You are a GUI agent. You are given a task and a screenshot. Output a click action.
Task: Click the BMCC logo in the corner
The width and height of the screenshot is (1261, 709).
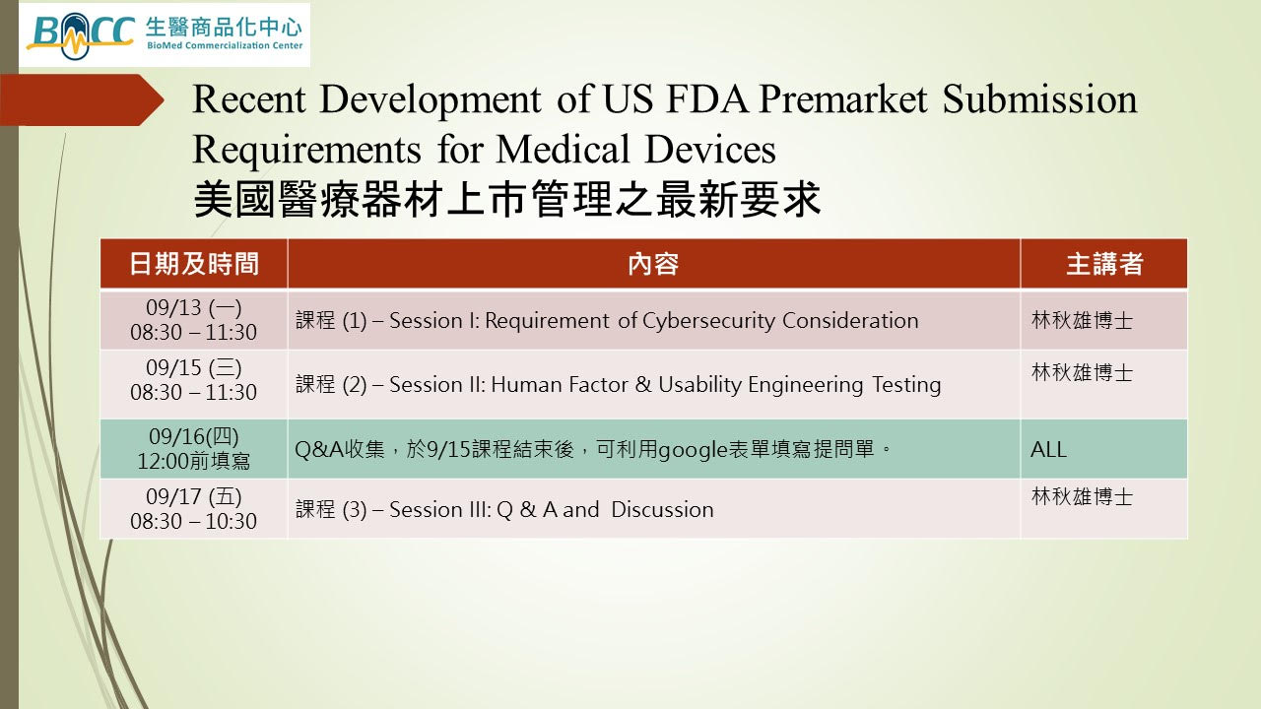click(x=165, y=34)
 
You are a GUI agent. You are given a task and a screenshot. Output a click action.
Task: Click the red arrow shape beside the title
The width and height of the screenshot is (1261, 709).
click(x=82, y=99)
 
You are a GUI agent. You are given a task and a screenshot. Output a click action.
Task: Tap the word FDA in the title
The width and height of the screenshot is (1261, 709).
click(x=707, y=99)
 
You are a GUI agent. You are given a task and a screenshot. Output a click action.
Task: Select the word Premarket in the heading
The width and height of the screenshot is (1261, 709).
click(x=842, y=99)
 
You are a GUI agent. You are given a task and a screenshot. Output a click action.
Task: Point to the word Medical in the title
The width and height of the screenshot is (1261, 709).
click(x=563, y=149)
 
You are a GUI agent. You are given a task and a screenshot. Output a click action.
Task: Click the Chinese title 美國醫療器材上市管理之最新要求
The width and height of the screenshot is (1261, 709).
click(x=506, y=199)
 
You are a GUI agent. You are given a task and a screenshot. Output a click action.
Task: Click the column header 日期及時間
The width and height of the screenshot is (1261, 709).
click(x=194, y=264)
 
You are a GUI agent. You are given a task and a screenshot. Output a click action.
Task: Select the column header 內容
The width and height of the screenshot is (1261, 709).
click(x=653, y=264)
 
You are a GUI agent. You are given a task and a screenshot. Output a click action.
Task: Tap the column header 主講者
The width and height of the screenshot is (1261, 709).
click(x=1104, y=264)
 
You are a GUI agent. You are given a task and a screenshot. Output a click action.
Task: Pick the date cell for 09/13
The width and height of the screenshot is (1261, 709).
click(x=194, y=320)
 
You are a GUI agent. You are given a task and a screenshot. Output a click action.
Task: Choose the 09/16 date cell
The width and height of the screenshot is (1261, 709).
click(x=194, y=448)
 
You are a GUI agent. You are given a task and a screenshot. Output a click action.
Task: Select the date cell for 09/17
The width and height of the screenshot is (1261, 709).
click(x=194, y=509)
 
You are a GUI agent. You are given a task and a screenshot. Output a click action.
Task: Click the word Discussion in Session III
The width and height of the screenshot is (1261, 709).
click(x=662, y=509)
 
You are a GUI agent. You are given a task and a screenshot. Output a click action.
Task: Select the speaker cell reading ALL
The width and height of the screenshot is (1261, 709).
click(x=1048, y=450)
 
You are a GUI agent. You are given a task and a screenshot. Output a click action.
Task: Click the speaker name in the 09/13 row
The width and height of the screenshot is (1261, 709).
click(x=1082, y=320)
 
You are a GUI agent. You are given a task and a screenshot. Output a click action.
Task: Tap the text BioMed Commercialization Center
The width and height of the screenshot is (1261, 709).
click(x=225, y=45)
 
